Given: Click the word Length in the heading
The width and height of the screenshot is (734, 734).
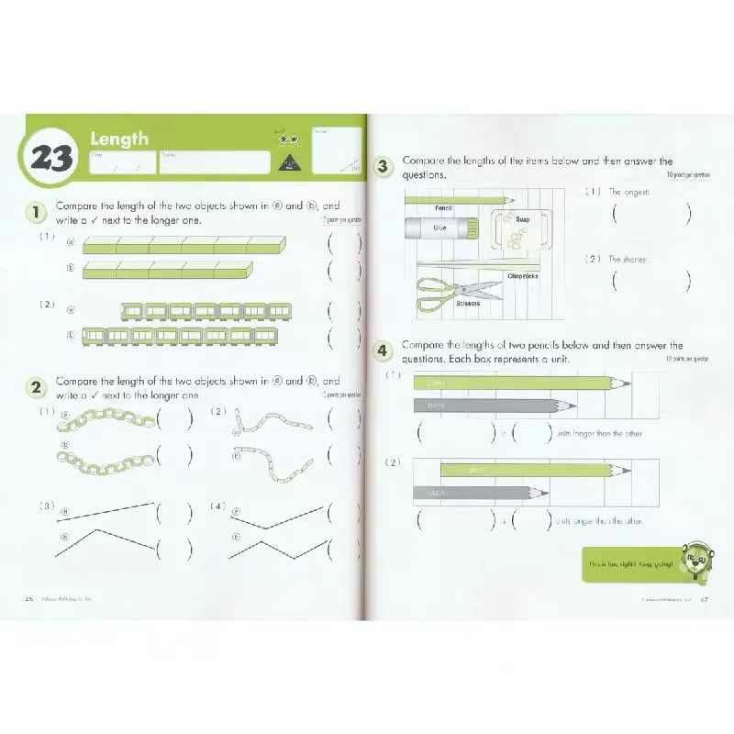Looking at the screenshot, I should (x=118, y=139).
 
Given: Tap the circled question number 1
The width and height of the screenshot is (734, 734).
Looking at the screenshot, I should (x=34, y=214).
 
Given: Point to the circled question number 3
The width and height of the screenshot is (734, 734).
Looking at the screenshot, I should (x=385, y=166).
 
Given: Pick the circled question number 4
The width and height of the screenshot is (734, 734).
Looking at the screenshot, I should (x=385, y=350).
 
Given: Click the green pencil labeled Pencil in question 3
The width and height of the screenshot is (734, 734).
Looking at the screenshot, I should (x=458, y=197).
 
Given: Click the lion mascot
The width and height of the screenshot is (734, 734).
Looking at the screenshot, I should (x=691, y=561).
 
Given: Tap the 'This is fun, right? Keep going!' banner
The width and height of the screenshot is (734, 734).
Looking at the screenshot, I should (x=631, y=562).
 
